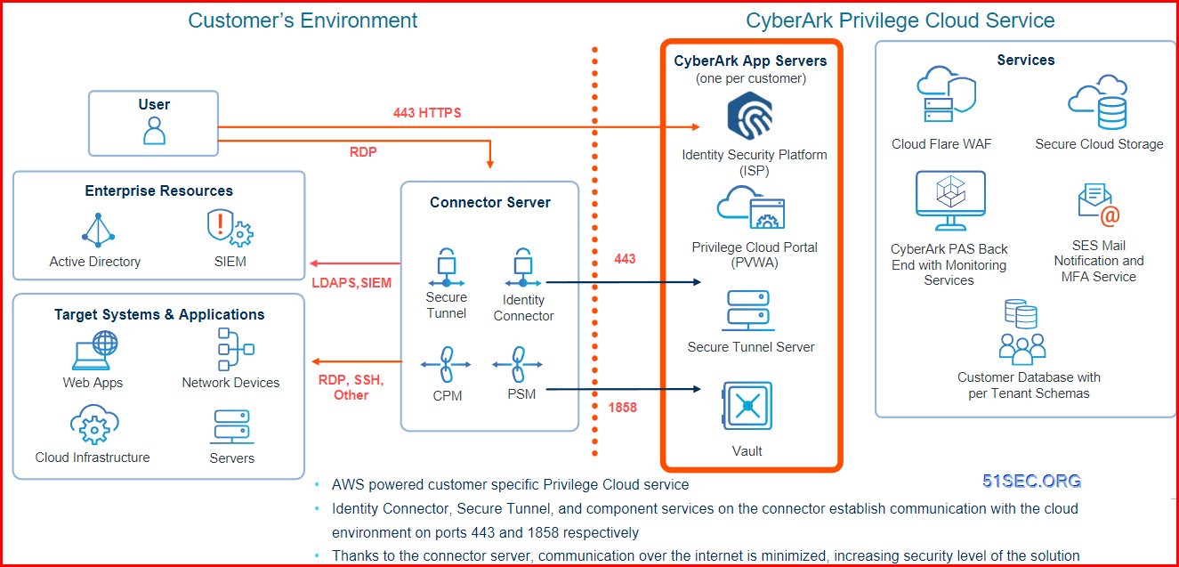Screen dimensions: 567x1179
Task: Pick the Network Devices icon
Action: click(230, 349)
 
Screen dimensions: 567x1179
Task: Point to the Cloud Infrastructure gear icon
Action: click(93, 425)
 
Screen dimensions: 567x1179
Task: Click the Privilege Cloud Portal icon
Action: click(752, 209)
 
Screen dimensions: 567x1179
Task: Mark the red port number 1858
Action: click(622, 409)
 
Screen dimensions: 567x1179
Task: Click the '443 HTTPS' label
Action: click(427, 113)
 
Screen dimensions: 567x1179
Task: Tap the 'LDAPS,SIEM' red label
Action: click(351, 283)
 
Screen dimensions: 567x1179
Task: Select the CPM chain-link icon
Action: click(447, 365)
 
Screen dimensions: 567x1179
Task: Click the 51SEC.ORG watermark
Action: click(1031, 482)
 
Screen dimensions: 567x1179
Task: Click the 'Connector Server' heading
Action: click(489, 202)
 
